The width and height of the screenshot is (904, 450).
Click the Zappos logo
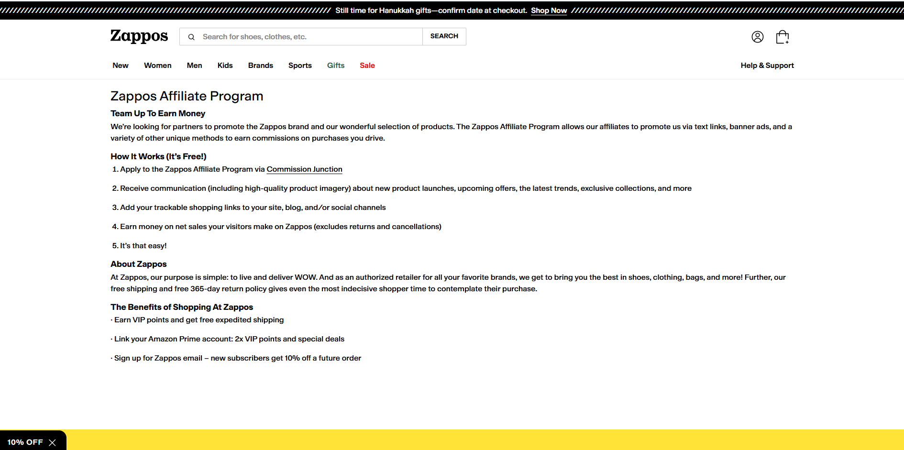point(139,36)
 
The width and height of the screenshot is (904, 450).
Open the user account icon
point(757,37)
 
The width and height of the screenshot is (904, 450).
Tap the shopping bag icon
point(782,37)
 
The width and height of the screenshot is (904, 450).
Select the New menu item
point(121,66)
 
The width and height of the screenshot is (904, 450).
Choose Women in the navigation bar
point(157,66)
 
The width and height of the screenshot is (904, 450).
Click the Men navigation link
point(194,66)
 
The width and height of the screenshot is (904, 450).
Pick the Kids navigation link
point(225,66)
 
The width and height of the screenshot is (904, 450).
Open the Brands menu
point(260,66)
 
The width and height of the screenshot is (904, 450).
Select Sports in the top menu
point(300,66)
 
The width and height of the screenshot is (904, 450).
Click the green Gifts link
point(336,66)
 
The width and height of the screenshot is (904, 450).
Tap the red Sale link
point(367,66)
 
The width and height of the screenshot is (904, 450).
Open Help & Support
point(767,66)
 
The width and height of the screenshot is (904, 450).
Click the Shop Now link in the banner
point(549,11)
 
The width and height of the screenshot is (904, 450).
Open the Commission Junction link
point(304,169)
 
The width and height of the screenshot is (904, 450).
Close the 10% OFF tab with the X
point(53,442)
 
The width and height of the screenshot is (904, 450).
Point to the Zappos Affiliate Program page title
point(187,96)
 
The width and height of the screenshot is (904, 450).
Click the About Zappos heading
point(139,264)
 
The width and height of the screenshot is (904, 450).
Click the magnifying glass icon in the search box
point(191,37)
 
